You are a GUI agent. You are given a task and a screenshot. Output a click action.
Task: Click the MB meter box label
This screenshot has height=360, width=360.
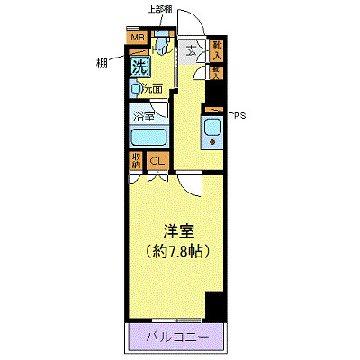pos(138,38)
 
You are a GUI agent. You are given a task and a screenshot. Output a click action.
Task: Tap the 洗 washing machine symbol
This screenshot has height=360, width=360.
pos(139,66)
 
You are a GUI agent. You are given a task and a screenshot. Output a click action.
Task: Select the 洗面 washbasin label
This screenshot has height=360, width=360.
pos(148,89)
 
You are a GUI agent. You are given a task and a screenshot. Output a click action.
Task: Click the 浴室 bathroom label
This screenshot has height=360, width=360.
pos(144,116)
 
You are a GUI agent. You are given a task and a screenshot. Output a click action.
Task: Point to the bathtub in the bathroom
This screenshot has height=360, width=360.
pos(145,138)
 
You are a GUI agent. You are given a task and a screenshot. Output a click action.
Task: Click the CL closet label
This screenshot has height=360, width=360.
pos(157,162)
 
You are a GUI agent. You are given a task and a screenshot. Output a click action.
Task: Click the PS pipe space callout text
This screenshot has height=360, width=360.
pos(239,115)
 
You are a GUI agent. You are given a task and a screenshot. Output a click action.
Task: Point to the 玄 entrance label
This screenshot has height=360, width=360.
pos(193,50)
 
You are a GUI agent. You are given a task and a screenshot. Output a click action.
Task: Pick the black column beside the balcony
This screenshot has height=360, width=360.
pos(214,306)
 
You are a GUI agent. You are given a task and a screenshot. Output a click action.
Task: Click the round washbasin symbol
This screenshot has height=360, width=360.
pos(135,89)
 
